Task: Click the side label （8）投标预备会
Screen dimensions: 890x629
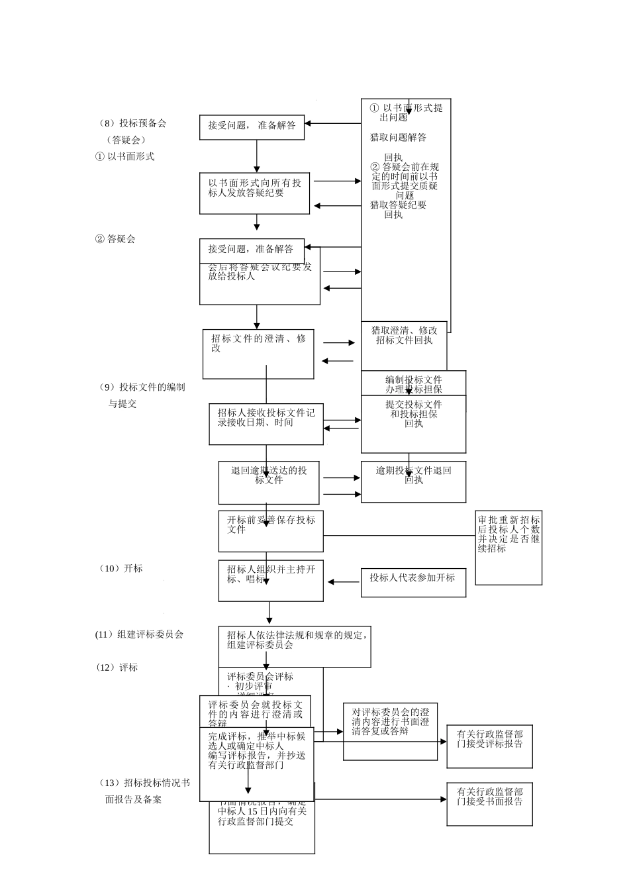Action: (132, 123)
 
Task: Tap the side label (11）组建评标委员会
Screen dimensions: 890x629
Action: (139, 634)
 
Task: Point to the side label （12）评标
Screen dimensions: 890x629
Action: (117, 667)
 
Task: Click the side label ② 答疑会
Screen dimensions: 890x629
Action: (116, 238)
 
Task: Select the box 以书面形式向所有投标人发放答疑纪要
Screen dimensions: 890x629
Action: (254, 193)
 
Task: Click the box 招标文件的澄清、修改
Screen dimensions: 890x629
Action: (258, 354)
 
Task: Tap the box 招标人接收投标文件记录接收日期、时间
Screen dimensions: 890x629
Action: (266, 424)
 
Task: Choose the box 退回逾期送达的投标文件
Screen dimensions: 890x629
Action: (269, 482)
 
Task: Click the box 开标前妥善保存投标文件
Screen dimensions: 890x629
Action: (271, 531)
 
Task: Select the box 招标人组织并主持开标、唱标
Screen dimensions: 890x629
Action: (271, 581)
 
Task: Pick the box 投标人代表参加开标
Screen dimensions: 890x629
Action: (412, 582)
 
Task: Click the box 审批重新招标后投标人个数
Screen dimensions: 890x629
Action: (508, 548)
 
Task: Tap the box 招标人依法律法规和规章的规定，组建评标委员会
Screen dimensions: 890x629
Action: (295, 646)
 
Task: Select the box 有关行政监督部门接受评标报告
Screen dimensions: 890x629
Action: (489, 746)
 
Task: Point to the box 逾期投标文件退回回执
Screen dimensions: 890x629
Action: (413, 481)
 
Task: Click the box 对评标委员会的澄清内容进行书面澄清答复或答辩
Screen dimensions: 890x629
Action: (390, 731)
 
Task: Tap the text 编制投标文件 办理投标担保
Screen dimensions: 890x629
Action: (413, 384)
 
